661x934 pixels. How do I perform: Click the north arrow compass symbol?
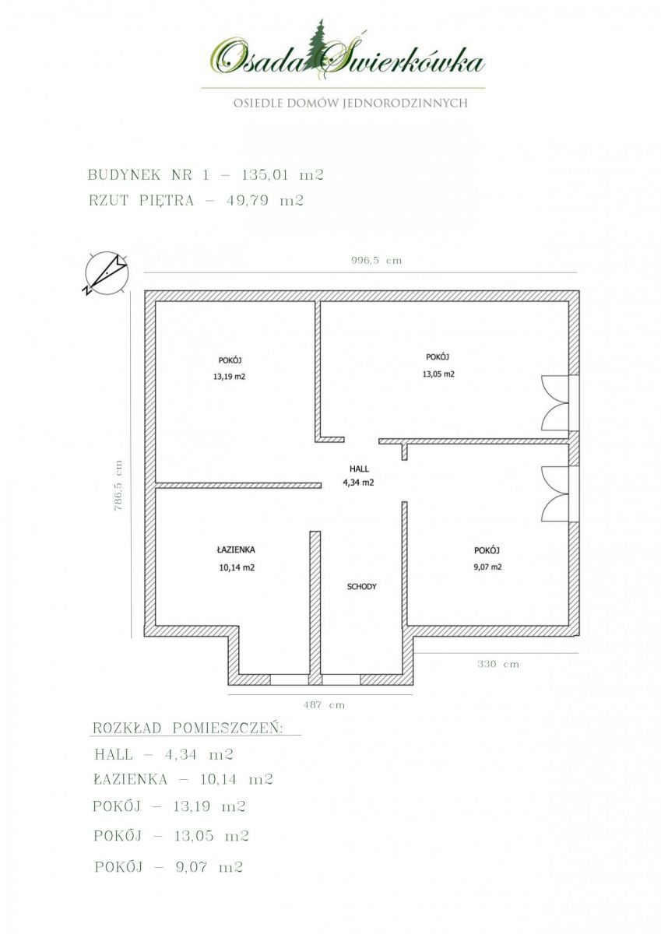(106, 273)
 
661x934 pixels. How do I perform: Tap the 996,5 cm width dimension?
(376, 261)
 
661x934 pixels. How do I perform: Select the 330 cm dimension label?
(498, 664)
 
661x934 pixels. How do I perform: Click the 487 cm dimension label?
(324, 704)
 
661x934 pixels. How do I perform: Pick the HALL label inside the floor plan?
(359, 469)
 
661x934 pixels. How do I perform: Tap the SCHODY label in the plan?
(361, 587)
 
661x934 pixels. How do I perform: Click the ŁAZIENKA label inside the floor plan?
(236, 550)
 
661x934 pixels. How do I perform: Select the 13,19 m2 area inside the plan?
(229, 377)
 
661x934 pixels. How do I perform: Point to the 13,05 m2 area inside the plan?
(438, 374)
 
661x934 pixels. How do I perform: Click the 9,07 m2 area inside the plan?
(487, 567)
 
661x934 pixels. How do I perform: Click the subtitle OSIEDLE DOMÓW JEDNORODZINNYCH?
(350, 103)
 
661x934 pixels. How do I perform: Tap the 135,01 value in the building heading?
(265, 175)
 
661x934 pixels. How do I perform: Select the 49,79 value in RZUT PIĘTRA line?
(249, 201)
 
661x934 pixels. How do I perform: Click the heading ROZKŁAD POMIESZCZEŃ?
(188, 728)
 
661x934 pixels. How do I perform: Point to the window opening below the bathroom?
(290, 680)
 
